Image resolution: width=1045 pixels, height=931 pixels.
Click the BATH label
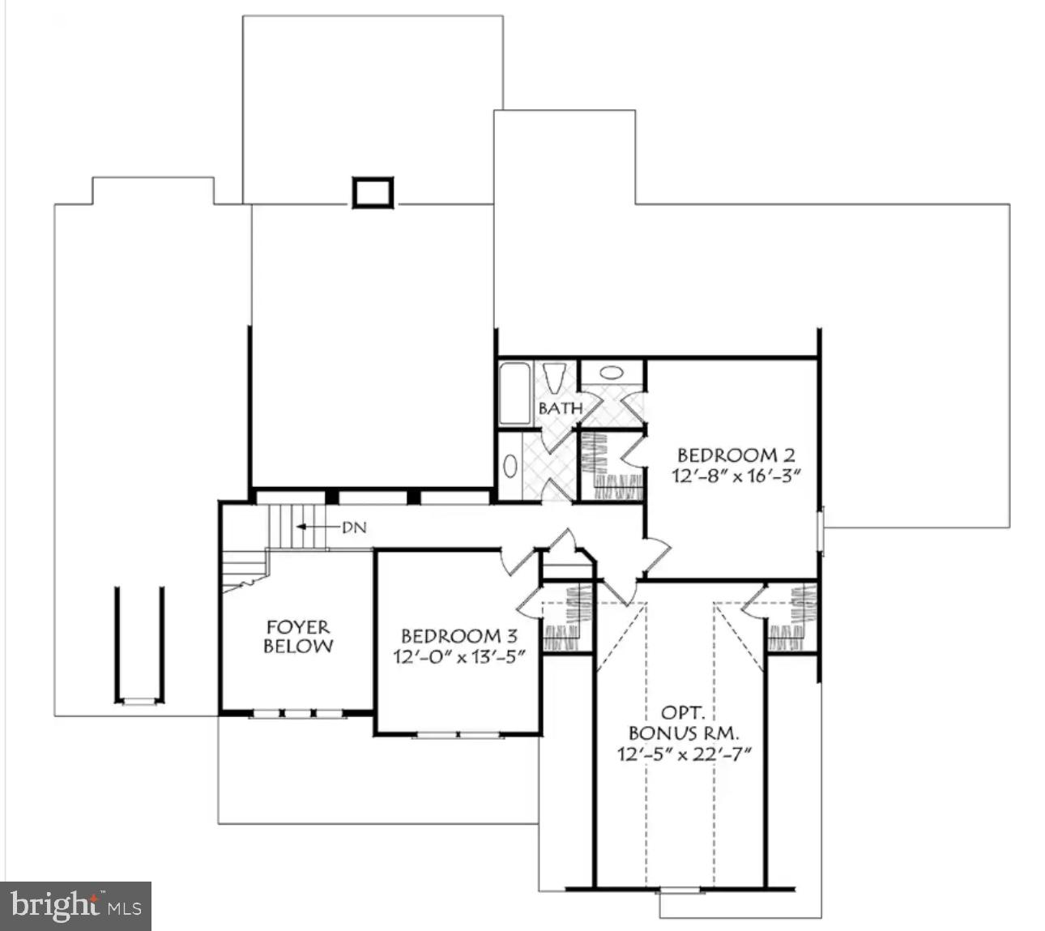560,408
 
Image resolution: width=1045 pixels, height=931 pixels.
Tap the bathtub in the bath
514,394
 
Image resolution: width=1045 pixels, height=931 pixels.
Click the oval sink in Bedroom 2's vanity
613,374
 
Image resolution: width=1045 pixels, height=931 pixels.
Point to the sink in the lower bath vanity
510,466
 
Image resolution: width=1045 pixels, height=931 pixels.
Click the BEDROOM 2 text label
736,455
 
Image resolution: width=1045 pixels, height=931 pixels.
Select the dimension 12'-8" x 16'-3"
736,476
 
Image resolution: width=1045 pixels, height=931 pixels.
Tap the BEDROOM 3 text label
459,636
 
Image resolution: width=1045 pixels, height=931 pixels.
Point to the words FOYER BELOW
298,636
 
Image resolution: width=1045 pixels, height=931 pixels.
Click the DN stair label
354,527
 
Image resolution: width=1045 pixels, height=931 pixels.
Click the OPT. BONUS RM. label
684,724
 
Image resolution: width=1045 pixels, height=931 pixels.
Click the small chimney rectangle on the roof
373,192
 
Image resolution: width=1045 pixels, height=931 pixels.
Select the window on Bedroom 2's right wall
821,531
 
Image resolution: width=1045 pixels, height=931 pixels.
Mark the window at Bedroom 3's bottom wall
459,735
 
